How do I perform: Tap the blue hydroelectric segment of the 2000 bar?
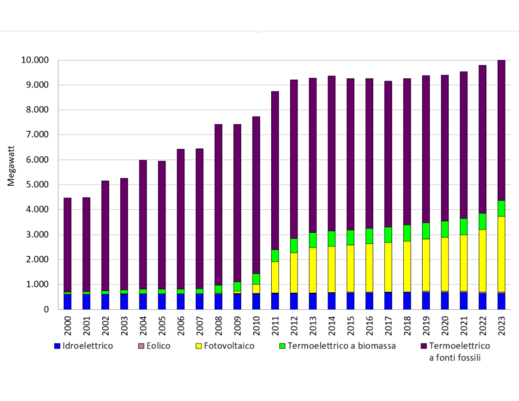(x=68, y=301)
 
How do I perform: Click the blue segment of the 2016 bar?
(x=370, y=300)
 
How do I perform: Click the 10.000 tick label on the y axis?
(x=34, y=61)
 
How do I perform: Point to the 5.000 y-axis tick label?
(x=36, y=185)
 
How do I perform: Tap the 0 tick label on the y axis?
(x=46, y=309)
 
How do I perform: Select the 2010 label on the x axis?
(x=257, y=323)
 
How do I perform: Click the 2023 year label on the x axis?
(x=501, y=323)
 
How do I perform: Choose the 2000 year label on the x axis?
(x=68, y=323)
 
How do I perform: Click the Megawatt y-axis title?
(x=11, y=170)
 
